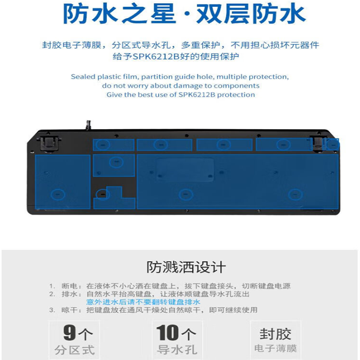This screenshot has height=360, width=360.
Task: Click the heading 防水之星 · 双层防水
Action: (x=184, y=14)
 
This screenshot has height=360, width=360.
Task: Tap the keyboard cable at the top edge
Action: (x=89, y=125)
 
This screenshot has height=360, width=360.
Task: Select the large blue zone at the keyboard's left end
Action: (x=63, y=182)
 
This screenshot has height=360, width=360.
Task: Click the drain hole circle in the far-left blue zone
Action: (x=58, y=194)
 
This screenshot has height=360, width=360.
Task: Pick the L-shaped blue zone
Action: (x=114, y=198)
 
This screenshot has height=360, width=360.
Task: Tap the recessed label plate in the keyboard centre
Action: (x=185, y=170)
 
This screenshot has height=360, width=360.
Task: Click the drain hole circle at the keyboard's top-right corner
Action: (x=333, y=145)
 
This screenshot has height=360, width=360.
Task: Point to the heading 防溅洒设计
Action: (x=186, y=267)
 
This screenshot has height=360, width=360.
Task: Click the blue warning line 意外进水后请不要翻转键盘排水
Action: (x=143, y=302)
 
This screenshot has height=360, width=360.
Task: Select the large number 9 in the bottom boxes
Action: (x=69, y=333)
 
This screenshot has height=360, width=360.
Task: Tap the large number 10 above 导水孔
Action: (x=167, y=333)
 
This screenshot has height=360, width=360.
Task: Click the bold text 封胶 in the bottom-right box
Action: (x=275, y=334)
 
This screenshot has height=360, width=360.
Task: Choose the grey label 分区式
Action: (x=75, y=350)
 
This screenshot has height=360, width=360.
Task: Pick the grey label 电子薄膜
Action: (x=275, y=348)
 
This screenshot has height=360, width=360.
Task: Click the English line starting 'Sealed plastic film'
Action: (x=180, y=76)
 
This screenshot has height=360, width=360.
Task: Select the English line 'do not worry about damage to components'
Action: (x=181, y=85)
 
